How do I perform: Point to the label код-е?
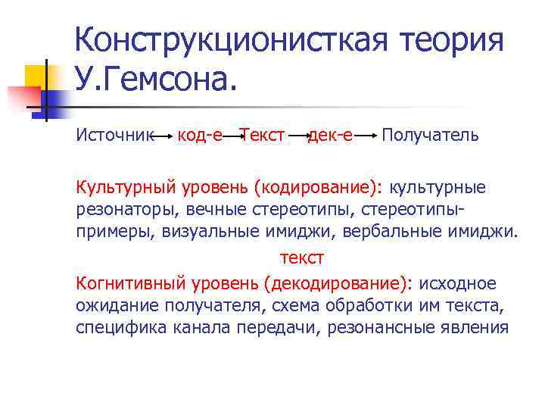click(200, 136)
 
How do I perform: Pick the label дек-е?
click(330, 136)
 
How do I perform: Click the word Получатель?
click(430, 136)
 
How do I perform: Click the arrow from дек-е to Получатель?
click(366, 136)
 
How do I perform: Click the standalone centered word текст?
click(302, 258)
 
